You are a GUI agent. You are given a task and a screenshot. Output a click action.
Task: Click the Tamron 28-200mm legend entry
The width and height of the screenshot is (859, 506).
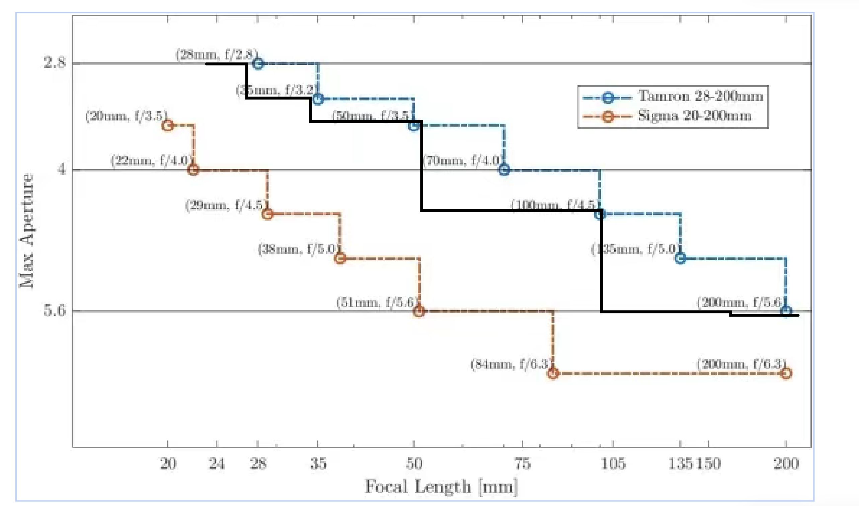700,97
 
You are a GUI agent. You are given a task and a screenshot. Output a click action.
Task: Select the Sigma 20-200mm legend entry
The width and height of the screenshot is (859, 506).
694,116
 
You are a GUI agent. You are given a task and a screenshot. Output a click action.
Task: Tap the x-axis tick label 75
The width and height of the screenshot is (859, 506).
522,464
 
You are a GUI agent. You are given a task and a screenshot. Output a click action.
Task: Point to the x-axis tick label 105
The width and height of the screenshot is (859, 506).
613,464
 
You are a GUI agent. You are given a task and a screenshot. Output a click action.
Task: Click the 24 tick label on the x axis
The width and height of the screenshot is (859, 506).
217,464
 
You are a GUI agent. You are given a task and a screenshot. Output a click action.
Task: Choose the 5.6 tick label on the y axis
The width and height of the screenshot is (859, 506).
55,310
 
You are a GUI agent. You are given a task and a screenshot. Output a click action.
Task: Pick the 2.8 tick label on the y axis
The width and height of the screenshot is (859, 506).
55,63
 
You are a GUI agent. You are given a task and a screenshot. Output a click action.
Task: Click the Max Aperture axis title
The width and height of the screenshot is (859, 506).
27,231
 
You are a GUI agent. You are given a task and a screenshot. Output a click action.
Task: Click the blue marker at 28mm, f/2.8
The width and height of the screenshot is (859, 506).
258,64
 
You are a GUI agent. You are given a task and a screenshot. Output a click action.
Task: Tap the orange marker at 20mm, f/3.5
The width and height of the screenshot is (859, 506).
167,125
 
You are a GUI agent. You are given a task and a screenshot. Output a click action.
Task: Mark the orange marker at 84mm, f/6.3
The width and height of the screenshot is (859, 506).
553,373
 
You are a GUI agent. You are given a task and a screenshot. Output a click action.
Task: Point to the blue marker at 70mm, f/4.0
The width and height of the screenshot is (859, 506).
504,169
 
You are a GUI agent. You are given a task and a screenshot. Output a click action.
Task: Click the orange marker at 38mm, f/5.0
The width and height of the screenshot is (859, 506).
340,258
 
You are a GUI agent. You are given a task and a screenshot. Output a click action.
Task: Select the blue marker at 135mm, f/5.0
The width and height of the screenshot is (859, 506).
681,258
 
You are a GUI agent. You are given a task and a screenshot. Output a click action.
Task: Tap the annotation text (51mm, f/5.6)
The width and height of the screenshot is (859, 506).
377,302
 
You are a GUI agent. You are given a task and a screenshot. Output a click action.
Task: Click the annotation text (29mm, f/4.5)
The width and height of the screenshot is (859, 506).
225,205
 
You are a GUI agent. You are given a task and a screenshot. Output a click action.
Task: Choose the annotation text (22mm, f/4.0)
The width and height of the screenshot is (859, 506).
150,161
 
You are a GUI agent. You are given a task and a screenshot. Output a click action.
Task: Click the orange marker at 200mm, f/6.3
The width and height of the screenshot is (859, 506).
786,373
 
